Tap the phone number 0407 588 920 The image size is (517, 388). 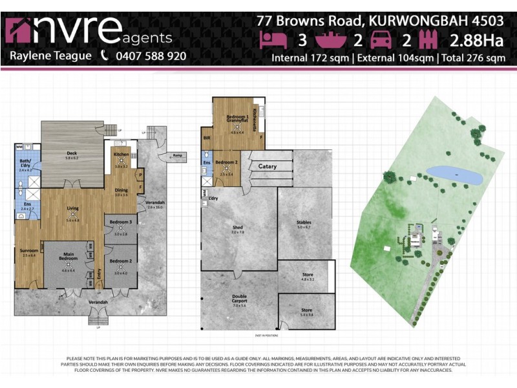[x=151, y=56]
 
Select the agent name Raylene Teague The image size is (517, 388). [x=50, y=56]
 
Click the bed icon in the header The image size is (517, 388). [x=272, y=39]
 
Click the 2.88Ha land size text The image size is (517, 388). [x=477, y=40]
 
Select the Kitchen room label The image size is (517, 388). [x=121, y=155]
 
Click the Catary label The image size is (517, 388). [x=268, y=167]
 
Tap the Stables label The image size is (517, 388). [x=304, y=224]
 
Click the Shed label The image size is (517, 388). [x=237, y=228]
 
